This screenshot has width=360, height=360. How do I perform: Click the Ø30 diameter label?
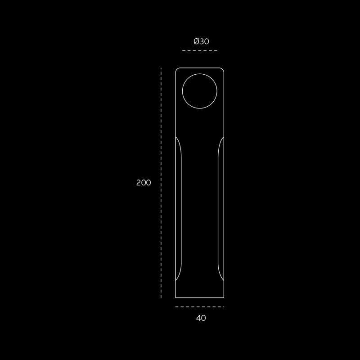click(201, 41)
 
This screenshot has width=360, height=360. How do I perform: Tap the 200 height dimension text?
click(144, 183)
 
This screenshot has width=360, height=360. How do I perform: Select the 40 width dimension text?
click(201, 318)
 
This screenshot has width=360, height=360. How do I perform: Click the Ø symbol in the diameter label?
click(196, 41)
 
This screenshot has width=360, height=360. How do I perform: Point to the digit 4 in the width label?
click(198, 318)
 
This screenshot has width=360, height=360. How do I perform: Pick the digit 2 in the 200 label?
click(139, 183)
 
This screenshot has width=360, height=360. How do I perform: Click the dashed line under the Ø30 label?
click(199, 50)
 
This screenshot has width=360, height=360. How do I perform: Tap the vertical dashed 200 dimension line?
click(161, 183)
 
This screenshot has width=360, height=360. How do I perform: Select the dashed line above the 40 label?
click(199, 307)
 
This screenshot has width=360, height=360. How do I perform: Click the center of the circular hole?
click(199, 91)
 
